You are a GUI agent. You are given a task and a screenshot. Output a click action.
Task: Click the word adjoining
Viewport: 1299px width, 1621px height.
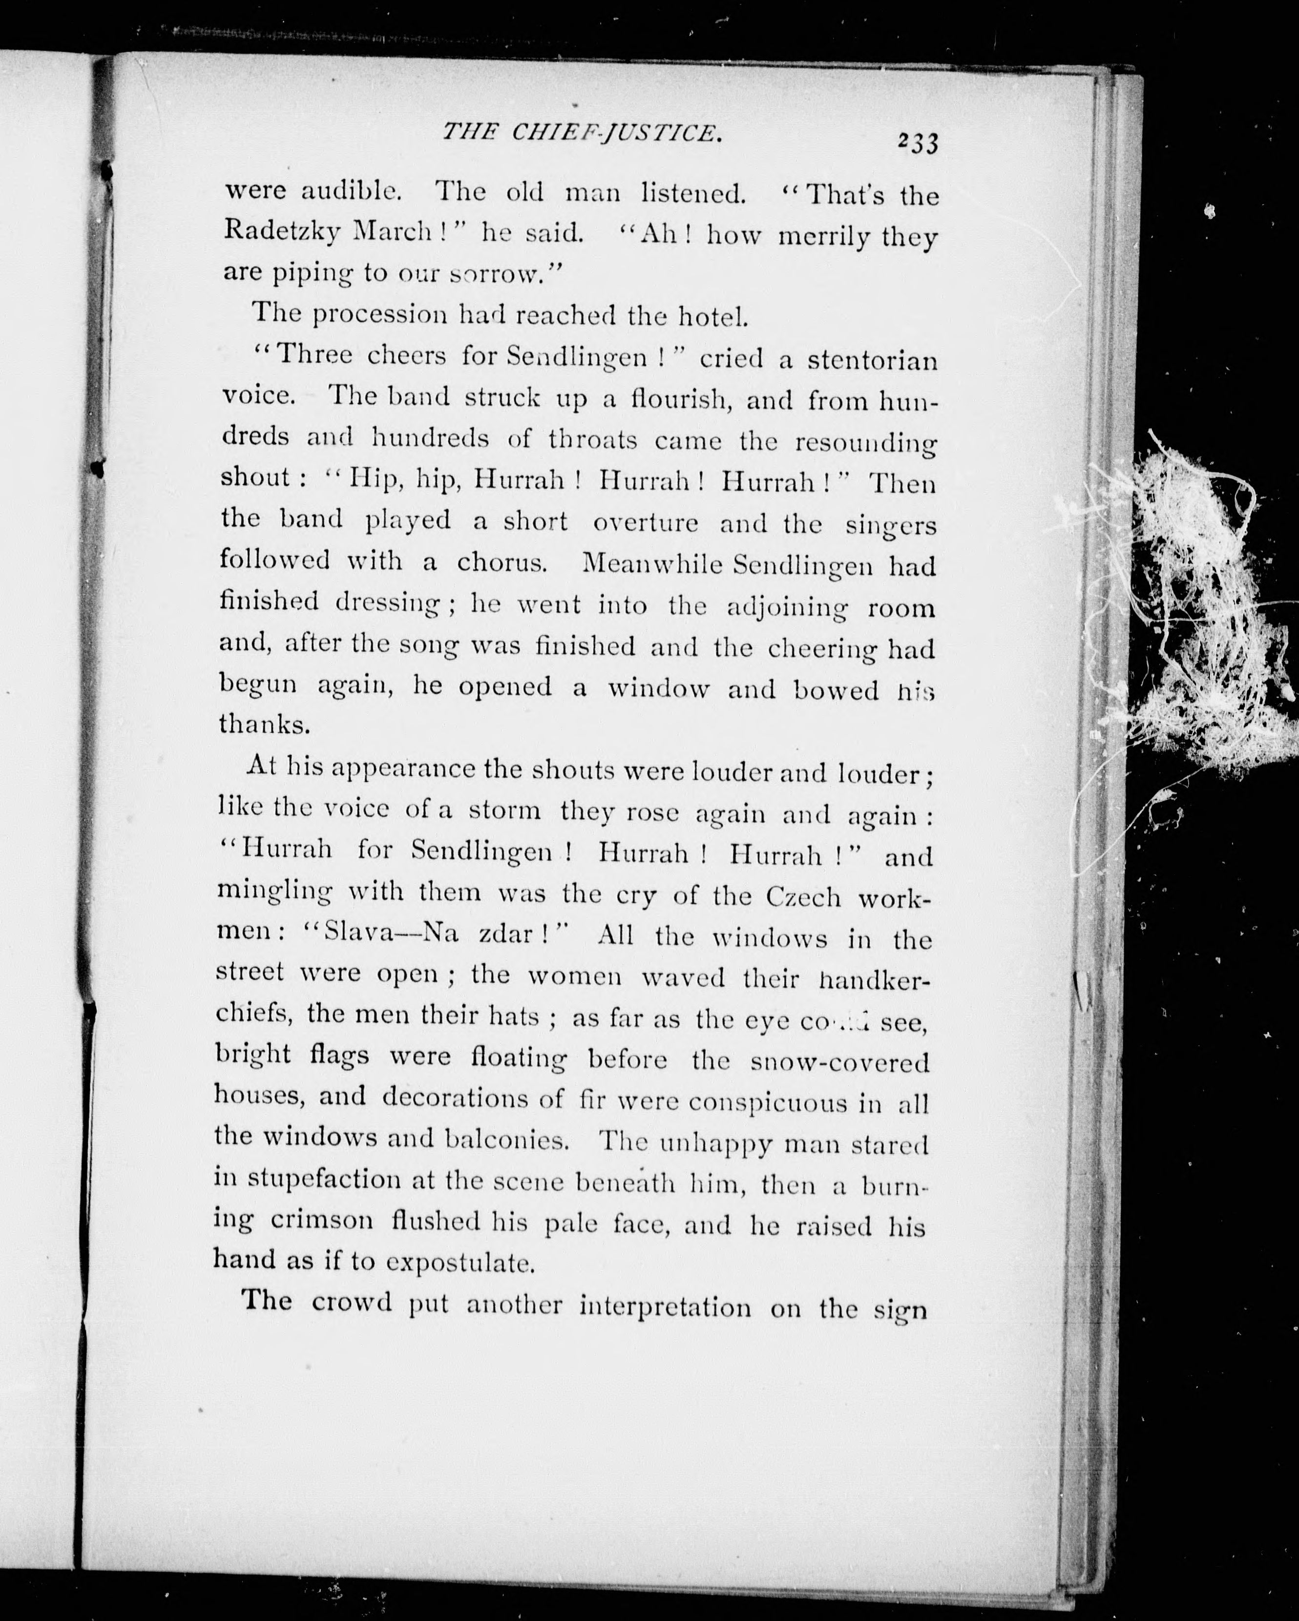tap(787, 607)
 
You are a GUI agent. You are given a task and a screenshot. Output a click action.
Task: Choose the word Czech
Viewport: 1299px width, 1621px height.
tap(803, 896)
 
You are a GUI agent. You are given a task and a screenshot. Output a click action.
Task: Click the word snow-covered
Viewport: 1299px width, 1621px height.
tap(839, 1061)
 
